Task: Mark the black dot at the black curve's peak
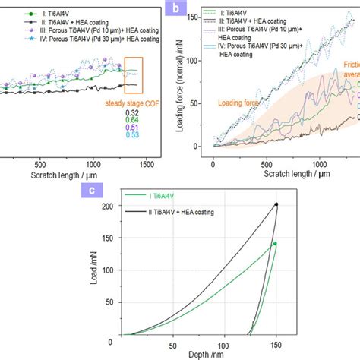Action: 276,204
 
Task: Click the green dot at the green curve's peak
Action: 275,244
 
